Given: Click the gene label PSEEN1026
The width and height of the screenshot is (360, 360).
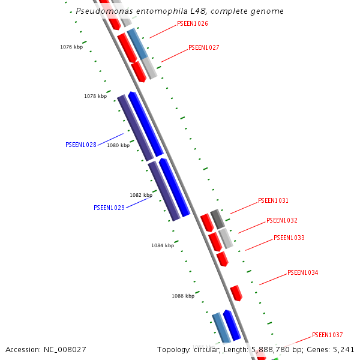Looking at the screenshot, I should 193,24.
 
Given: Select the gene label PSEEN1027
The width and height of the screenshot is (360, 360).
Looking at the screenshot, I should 204,47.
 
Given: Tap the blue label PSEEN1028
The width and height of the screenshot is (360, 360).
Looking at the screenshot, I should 81,145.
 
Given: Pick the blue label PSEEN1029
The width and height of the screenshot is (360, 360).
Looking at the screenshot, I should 109,208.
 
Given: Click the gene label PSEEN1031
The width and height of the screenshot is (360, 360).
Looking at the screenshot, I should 274,200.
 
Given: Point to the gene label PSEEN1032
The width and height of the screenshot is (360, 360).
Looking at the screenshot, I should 282,220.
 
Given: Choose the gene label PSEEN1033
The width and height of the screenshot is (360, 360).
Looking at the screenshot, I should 289,238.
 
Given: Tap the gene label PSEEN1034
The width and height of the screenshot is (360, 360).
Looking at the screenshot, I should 303,272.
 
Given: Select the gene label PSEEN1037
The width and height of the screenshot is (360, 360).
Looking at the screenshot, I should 328,335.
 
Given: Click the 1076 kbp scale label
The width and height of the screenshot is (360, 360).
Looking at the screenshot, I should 71,47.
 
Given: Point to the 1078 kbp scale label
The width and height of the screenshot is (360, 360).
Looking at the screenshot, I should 95,96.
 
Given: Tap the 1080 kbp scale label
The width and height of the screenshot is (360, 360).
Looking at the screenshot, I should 118,145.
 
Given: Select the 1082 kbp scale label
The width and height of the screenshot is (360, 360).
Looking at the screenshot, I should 141,195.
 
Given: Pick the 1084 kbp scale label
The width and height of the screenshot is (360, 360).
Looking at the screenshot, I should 163,245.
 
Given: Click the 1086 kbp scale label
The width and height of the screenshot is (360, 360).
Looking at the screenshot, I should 183,296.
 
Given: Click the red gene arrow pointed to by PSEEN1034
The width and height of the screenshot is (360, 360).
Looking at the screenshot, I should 236,293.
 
